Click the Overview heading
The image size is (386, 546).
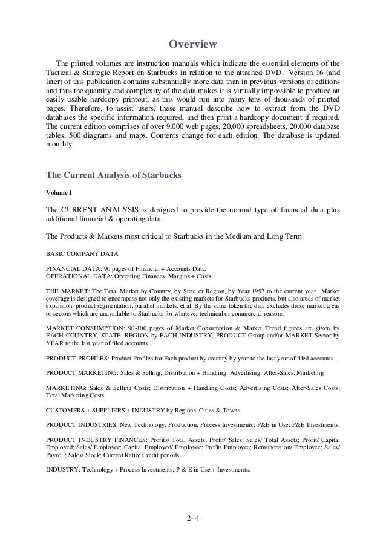[192, 44]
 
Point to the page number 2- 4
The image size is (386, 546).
[193, 516]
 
